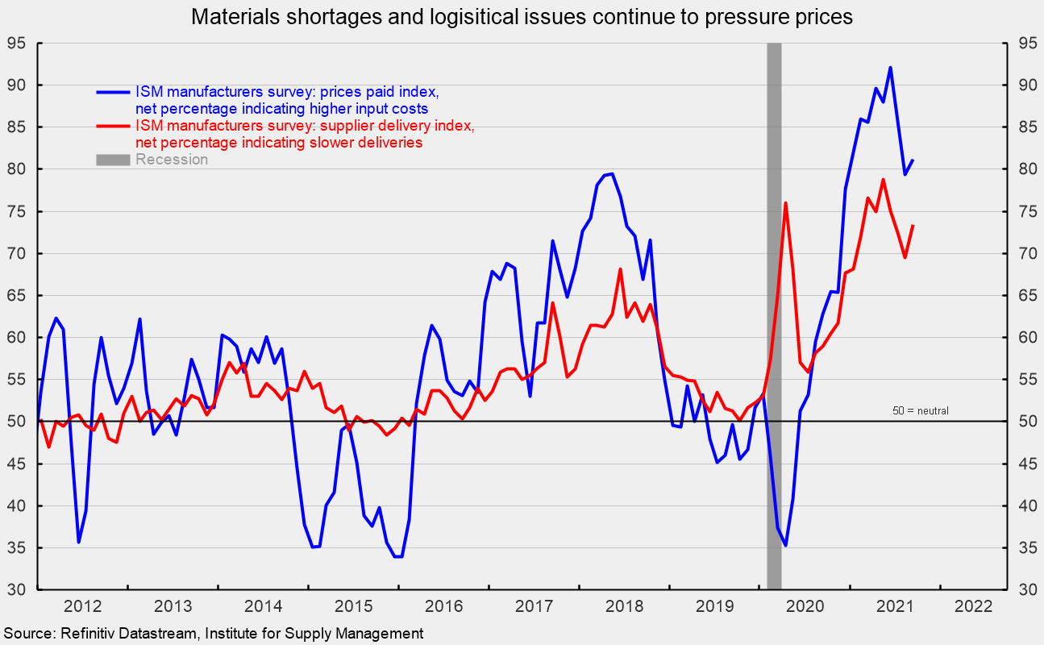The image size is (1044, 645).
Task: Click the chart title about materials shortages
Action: tap(521, 15)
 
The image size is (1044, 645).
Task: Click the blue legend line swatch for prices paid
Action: tap(114, 92)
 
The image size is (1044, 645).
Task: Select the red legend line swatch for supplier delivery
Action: tap(114, 126)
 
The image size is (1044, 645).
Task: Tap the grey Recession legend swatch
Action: tap(114, 160)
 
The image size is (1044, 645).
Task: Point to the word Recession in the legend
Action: tap(172, 160)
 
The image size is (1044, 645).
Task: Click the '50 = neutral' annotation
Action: tap(920, 410)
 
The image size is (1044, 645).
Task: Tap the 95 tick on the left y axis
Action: tap(18, 44)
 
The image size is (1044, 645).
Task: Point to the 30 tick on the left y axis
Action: tap(18, 590)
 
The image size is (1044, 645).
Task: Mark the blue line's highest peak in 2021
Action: tap(890, 68)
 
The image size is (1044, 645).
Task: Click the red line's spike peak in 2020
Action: tap(785, 203)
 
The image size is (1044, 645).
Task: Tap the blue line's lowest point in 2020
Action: tap(785, 545)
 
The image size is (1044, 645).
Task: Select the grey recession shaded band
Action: tap(774, 322)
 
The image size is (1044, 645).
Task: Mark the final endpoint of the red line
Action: tap(913, 226)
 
